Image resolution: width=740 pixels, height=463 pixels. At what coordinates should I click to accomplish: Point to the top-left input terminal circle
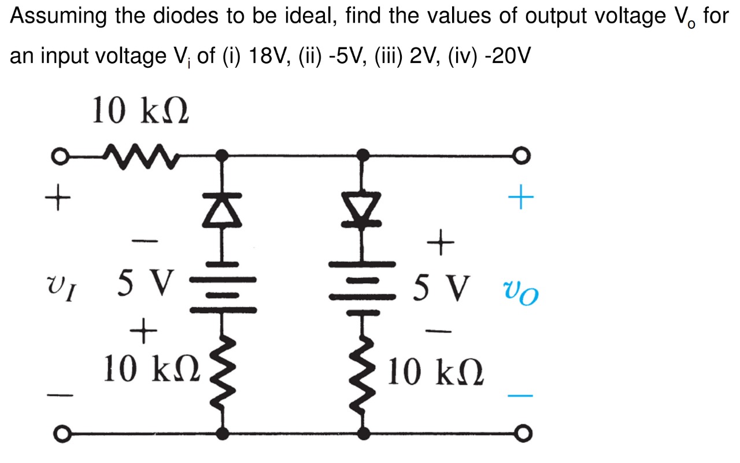(57, 156)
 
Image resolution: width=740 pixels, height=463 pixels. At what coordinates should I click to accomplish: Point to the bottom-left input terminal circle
(57, 433)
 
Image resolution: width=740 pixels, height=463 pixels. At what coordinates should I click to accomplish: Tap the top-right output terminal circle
(523, 156)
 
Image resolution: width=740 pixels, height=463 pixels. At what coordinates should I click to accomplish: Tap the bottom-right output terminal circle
(523, 433)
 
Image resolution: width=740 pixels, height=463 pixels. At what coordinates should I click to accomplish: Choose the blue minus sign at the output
(520, 396)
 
